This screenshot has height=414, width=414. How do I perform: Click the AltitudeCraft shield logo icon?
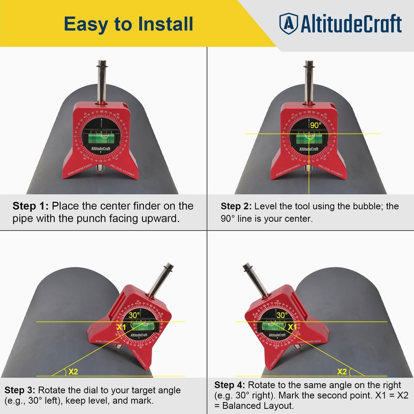point(289,23)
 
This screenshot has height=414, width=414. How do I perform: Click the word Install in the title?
point(162,24)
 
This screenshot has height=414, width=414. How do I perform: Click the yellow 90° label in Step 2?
point(316,125)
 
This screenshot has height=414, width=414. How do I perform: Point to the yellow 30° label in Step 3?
point(135,315)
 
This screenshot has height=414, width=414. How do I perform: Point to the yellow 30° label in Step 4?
point(282,315)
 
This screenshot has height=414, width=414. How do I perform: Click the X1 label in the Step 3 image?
point(121,327)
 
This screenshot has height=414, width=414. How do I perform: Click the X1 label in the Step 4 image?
point(292,327)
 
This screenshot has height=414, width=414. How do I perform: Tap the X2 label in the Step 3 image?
point(73,371)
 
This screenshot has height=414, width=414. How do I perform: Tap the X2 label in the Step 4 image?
point(342,371)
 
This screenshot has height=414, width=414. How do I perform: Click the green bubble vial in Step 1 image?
point(102,137)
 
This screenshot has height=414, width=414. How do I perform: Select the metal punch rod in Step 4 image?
point(254,282)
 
